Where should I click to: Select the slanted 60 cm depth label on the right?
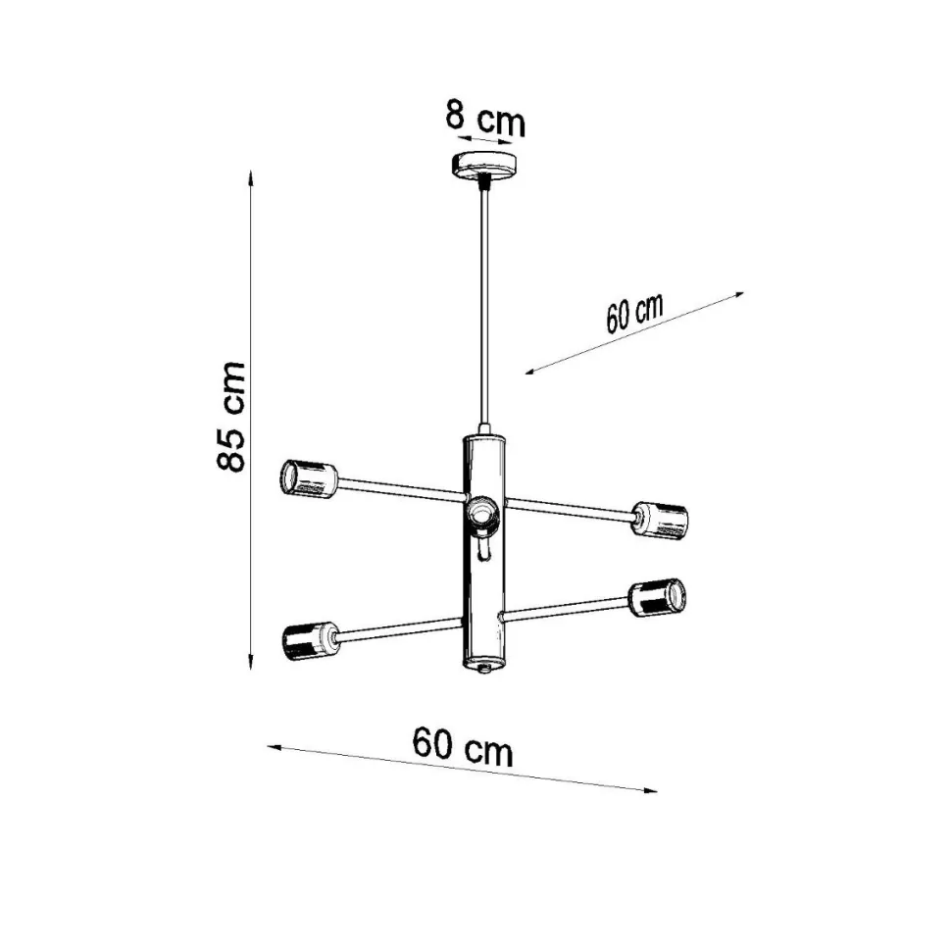coord(634,313)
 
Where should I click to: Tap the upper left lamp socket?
coord(308,479)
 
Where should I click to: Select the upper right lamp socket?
coord(659,521)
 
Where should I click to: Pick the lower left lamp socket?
coord(310,641)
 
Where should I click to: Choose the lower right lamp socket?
coord(658,598)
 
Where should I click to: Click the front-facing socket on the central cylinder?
coord(482,513)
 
